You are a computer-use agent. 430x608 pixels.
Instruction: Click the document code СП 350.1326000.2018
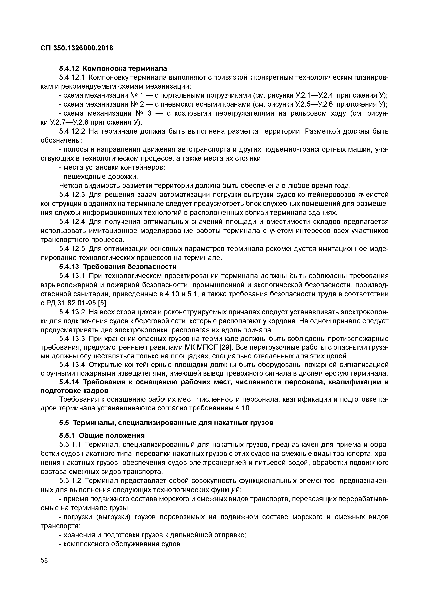pyautogui.click(x=77, y=48)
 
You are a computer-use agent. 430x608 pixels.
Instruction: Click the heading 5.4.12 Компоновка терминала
pyautogui.click(x=113, y=69)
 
